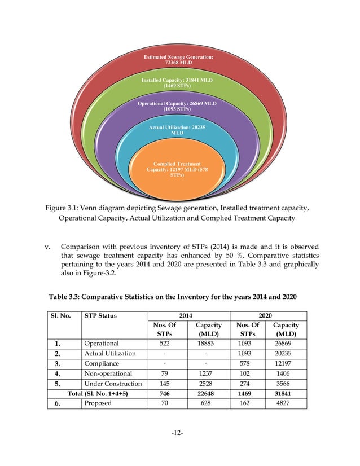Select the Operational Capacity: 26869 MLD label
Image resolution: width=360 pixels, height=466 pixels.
pyautogui.click(x=177, y=107)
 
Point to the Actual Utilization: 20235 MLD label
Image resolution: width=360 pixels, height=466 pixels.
pyautogui.click(x=177, y=130)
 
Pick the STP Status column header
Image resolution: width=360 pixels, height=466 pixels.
pyautogui.click(x=100, y=315)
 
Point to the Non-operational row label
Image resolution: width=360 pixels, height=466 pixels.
pyautogui.click(x=108, y=373)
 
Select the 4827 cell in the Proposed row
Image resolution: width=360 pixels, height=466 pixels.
pyautogui.click(x=286, y=403)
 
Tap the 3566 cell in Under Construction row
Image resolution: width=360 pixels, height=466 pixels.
pyautogui.click(x=286, y=383)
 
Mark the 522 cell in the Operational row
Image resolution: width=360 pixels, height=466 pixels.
pyautogui.click(x=164, y=342)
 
